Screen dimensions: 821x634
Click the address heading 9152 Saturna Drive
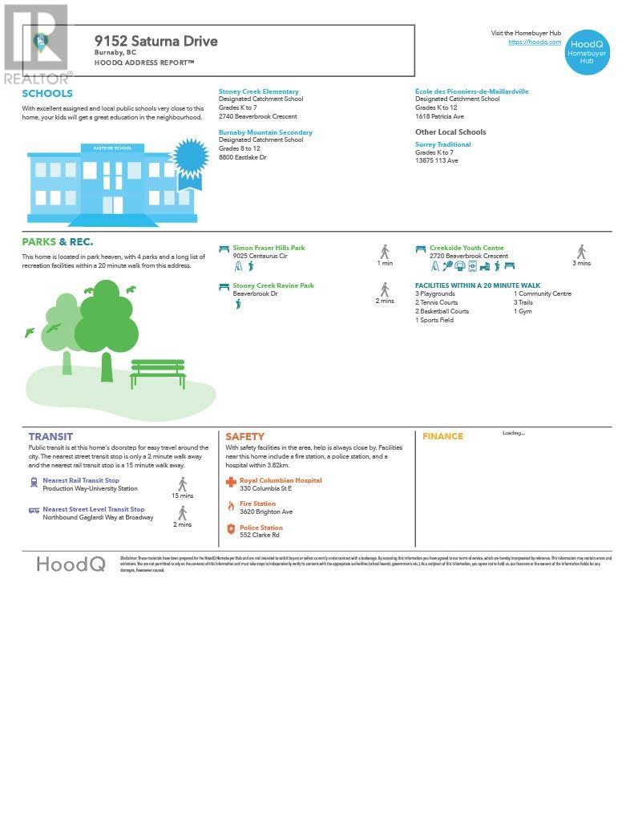(x=155, y=41)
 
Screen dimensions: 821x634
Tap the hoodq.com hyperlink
(x=535, y=42)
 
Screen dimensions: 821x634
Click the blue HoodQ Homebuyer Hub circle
(x=587, y=53)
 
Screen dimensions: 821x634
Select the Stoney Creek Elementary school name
(x=258, y=91)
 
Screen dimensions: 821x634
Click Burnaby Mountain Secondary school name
(x=265, y=132)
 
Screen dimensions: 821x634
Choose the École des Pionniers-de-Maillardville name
(x=471, y=91)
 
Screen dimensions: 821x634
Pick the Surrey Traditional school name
(x=442, y=144)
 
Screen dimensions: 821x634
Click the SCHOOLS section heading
(x=47, y=94)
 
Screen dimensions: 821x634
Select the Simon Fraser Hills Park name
(x=269, y=248)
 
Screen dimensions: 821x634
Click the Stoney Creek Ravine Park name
(x=273, y=285)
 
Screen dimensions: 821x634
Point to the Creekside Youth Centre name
(x=466, y=248)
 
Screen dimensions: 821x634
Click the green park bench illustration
(x=158, y=372)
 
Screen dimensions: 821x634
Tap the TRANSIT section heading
(x=50, y=436)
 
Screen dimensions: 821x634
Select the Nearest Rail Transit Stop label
(x=80, y=480)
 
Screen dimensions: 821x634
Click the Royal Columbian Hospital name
(x=281, y=480)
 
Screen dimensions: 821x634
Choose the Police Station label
(x=260, y=528)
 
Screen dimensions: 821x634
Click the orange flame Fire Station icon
(x=231, y=506)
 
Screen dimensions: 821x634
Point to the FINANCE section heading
(x=442, y=436)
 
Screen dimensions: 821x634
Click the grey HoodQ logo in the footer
(x=71, y=564)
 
